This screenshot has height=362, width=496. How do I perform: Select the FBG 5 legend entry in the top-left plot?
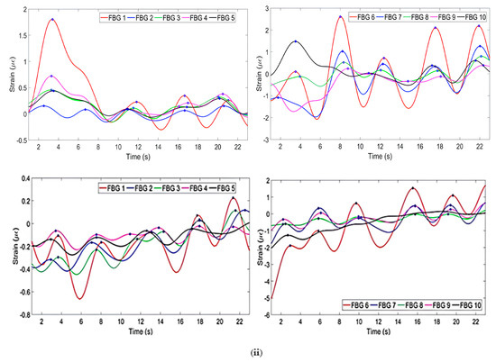[225, 17]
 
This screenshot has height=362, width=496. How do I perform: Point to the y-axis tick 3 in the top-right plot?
[266, 7]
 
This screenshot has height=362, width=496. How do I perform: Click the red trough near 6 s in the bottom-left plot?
[80, 298]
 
